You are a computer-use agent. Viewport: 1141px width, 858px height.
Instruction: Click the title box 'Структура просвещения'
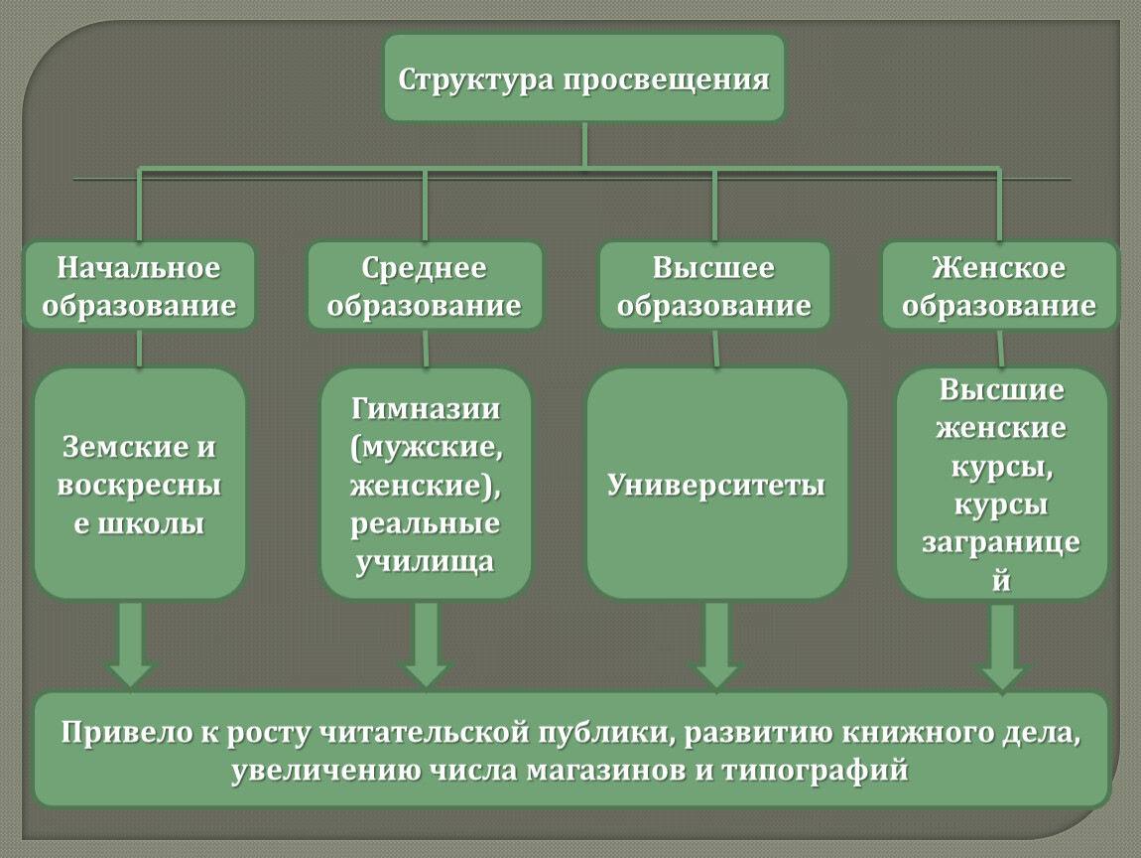tap(584, 77)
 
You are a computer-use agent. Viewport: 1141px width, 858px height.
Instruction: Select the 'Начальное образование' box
tap(139, 286)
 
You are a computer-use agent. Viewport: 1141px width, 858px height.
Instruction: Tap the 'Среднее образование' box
tap(425, 286)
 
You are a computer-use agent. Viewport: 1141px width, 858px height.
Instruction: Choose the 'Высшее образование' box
tap(713, 286)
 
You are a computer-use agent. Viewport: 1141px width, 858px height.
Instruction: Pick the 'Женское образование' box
tap(999, 286)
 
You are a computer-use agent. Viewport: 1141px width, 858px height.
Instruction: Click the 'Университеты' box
tap(716, 484)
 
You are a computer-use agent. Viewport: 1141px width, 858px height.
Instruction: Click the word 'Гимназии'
tap(426, 408)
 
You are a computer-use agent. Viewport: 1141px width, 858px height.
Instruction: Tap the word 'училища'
tap(425, 562)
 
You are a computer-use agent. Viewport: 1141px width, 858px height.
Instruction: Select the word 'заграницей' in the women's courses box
tap(1001, 561)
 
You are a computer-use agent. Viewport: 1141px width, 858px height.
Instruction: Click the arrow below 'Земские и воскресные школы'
tap(131, 644)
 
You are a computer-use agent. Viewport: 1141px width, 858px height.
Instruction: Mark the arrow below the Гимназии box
tap(426, 644)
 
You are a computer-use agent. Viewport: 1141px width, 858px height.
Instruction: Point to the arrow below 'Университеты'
tap(716, 644)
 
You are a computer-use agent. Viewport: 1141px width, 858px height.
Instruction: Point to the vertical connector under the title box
tap(584, 145)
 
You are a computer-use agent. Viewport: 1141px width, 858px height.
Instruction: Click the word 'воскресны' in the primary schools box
tap(139, 486)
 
